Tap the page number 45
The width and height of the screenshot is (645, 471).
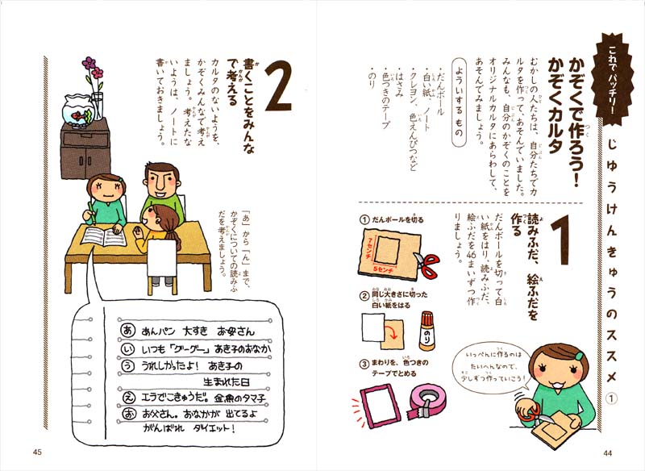[37, 452]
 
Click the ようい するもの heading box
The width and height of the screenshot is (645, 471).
[457, 100]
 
